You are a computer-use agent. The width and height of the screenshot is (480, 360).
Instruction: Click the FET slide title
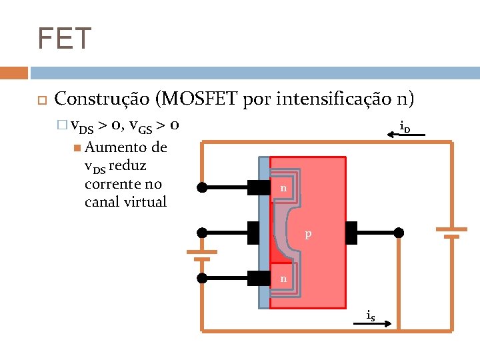(64, 39)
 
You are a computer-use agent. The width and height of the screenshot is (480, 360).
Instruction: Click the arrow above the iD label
(407, 135)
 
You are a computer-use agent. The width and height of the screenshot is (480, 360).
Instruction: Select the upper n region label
(283, 189)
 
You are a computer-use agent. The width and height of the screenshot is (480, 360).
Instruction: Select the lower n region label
(283, 278)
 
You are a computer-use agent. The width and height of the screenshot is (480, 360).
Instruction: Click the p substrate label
(308, 234)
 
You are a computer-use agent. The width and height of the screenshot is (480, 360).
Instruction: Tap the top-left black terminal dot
(202, 188)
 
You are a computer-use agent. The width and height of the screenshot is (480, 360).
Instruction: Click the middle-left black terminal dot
(202, 233)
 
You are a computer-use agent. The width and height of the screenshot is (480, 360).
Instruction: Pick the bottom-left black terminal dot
(202, 277)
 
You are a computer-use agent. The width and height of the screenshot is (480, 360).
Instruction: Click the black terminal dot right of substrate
(399, 233)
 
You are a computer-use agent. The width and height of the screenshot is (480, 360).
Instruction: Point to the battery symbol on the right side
(451, 232)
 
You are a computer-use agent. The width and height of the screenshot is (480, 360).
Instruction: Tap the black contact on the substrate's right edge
(351, 233)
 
